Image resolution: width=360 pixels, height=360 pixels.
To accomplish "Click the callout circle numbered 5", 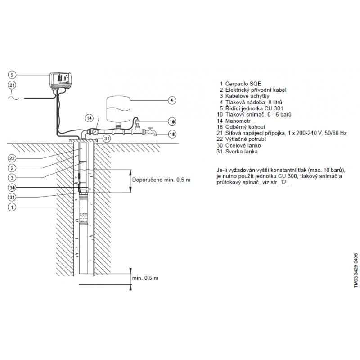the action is point(12,75).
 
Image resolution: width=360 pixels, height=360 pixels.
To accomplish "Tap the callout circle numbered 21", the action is point(12,85).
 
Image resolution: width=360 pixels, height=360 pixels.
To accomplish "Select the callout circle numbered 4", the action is point(172,100).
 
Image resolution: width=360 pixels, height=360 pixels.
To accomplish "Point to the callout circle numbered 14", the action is point(90,118).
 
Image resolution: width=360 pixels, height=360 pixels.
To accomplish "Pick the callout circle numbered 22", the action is point(12,158).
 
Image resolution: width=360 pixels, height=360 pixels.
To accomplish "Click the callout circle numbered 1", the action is point(12,207).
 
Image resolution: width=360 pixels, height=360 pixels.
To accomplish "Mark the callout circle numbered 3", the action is point(12,178).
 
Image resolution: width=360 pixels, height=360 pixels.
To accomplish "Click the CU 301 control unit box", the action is point(61,80).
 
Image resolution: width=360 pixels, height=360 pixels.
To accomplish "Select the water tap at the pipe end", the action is point(152,131).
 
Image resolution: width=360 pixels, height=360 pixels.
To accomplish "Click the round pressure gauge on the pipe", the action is point(94,132).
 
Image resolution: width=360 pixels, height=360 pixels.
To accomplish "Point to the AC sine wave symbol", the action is point(14,98).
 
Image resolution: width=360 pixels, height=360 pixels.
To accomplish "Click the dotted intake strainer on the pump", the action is point(84,217).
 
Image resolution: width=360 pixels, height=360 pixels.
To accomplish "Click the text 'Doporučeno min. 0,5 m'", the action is point(161,180).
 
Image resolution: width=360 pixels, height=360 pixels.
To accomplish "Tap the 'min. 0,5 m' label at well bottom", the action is point(145,278).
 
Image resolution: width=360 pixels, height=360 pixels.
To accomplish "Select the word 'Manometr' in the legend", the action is point(238,121).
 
